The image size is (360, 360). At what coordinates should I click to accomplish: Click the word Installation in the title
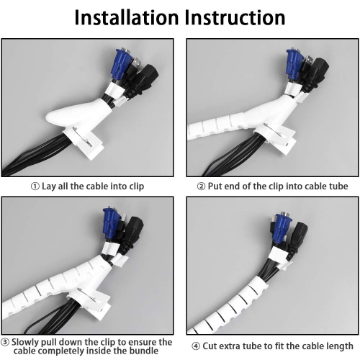[127, 17]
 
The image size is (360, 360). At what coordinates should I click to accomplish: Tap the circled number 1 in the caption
[35, 186]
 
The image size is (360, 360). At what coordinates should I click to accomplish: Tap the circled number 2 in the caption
[201, 186]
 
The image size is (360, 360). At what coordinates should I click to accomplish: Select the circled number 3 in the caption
[5, 342]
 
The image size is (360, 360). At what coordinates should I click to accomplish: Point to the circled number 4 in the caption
[196, 346]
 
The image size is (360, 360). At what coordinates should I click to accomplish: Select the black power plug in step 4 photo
[297, 240]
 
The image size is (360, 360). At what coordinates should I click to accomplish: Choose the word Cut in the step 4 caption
[210, 346]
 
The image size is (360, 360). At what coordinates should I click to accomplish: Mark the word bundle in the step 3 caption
[144, 351]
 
